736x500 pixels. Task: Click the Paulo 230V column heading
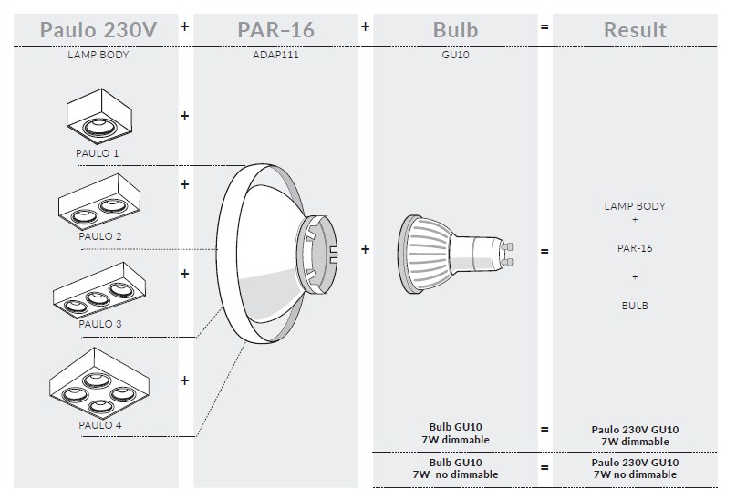click(98, 30)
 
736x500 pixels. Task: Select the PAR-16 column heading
click(275, 30)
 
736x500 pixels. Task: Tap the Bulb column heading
click(455, 30)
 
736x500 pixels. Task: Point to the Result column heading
click(635, 30)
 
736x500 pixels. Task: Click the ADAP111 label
click(275, 55)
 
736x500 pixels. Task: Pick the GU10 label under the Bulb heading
click(455, 55)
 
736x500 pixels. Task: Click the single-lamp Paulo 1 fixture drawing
click(99, 116)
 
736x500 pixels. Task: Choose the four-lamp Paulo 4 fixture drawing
click(99, 383)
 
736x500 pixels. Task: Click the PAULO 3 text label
click(100, 324)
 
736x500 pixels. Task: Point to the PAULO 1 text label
click(98, 153)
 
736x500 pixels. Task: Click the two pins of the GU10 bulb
click(508, 254)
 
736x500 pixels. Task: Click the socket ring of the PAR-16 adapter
click(319, 254)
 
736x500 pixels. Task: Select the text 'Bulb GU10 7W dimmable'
click(455, 433)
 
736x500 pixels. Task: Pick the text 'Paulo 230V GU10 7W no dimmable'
click(635, 469)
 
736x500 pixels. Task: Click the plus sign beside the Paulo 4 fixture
click(184, 380)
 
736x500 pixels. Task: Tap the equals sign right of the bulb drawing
click(544, 252)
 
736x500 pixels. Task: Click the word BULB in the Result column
click(635, 306)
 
